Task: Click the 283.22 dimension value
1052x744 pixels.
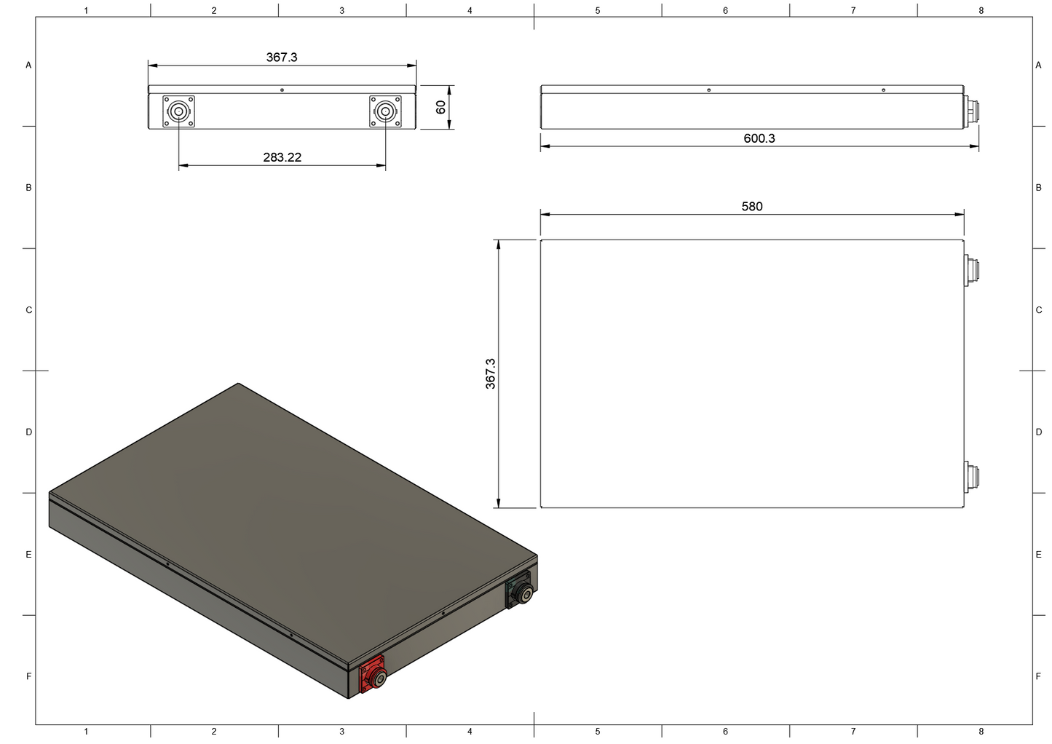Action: click(x=282, y=157)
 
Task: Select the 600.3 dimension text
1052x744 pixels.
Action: click(x=759, y=138)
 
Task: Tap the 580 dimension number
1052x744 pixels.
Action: click(x=752, y=206)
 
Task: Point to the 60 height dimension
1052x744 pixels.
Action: click(x=440, y=107)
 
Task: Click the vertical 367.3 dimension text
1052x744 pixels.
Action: click(x=490, y=373)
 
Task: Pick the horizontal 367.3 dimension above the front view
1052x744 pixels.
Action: click(x=282, y=57)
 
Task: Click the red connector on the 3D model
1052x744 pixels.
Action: click(x=373, y=675)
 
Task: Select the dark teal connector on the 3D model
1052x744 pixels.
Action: click(x=519, y=590)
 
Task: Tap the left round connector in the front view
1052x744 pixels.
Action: click(x=178, y=111)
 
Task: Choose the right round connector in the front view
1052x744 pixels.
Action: click(x=385, y=111)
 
